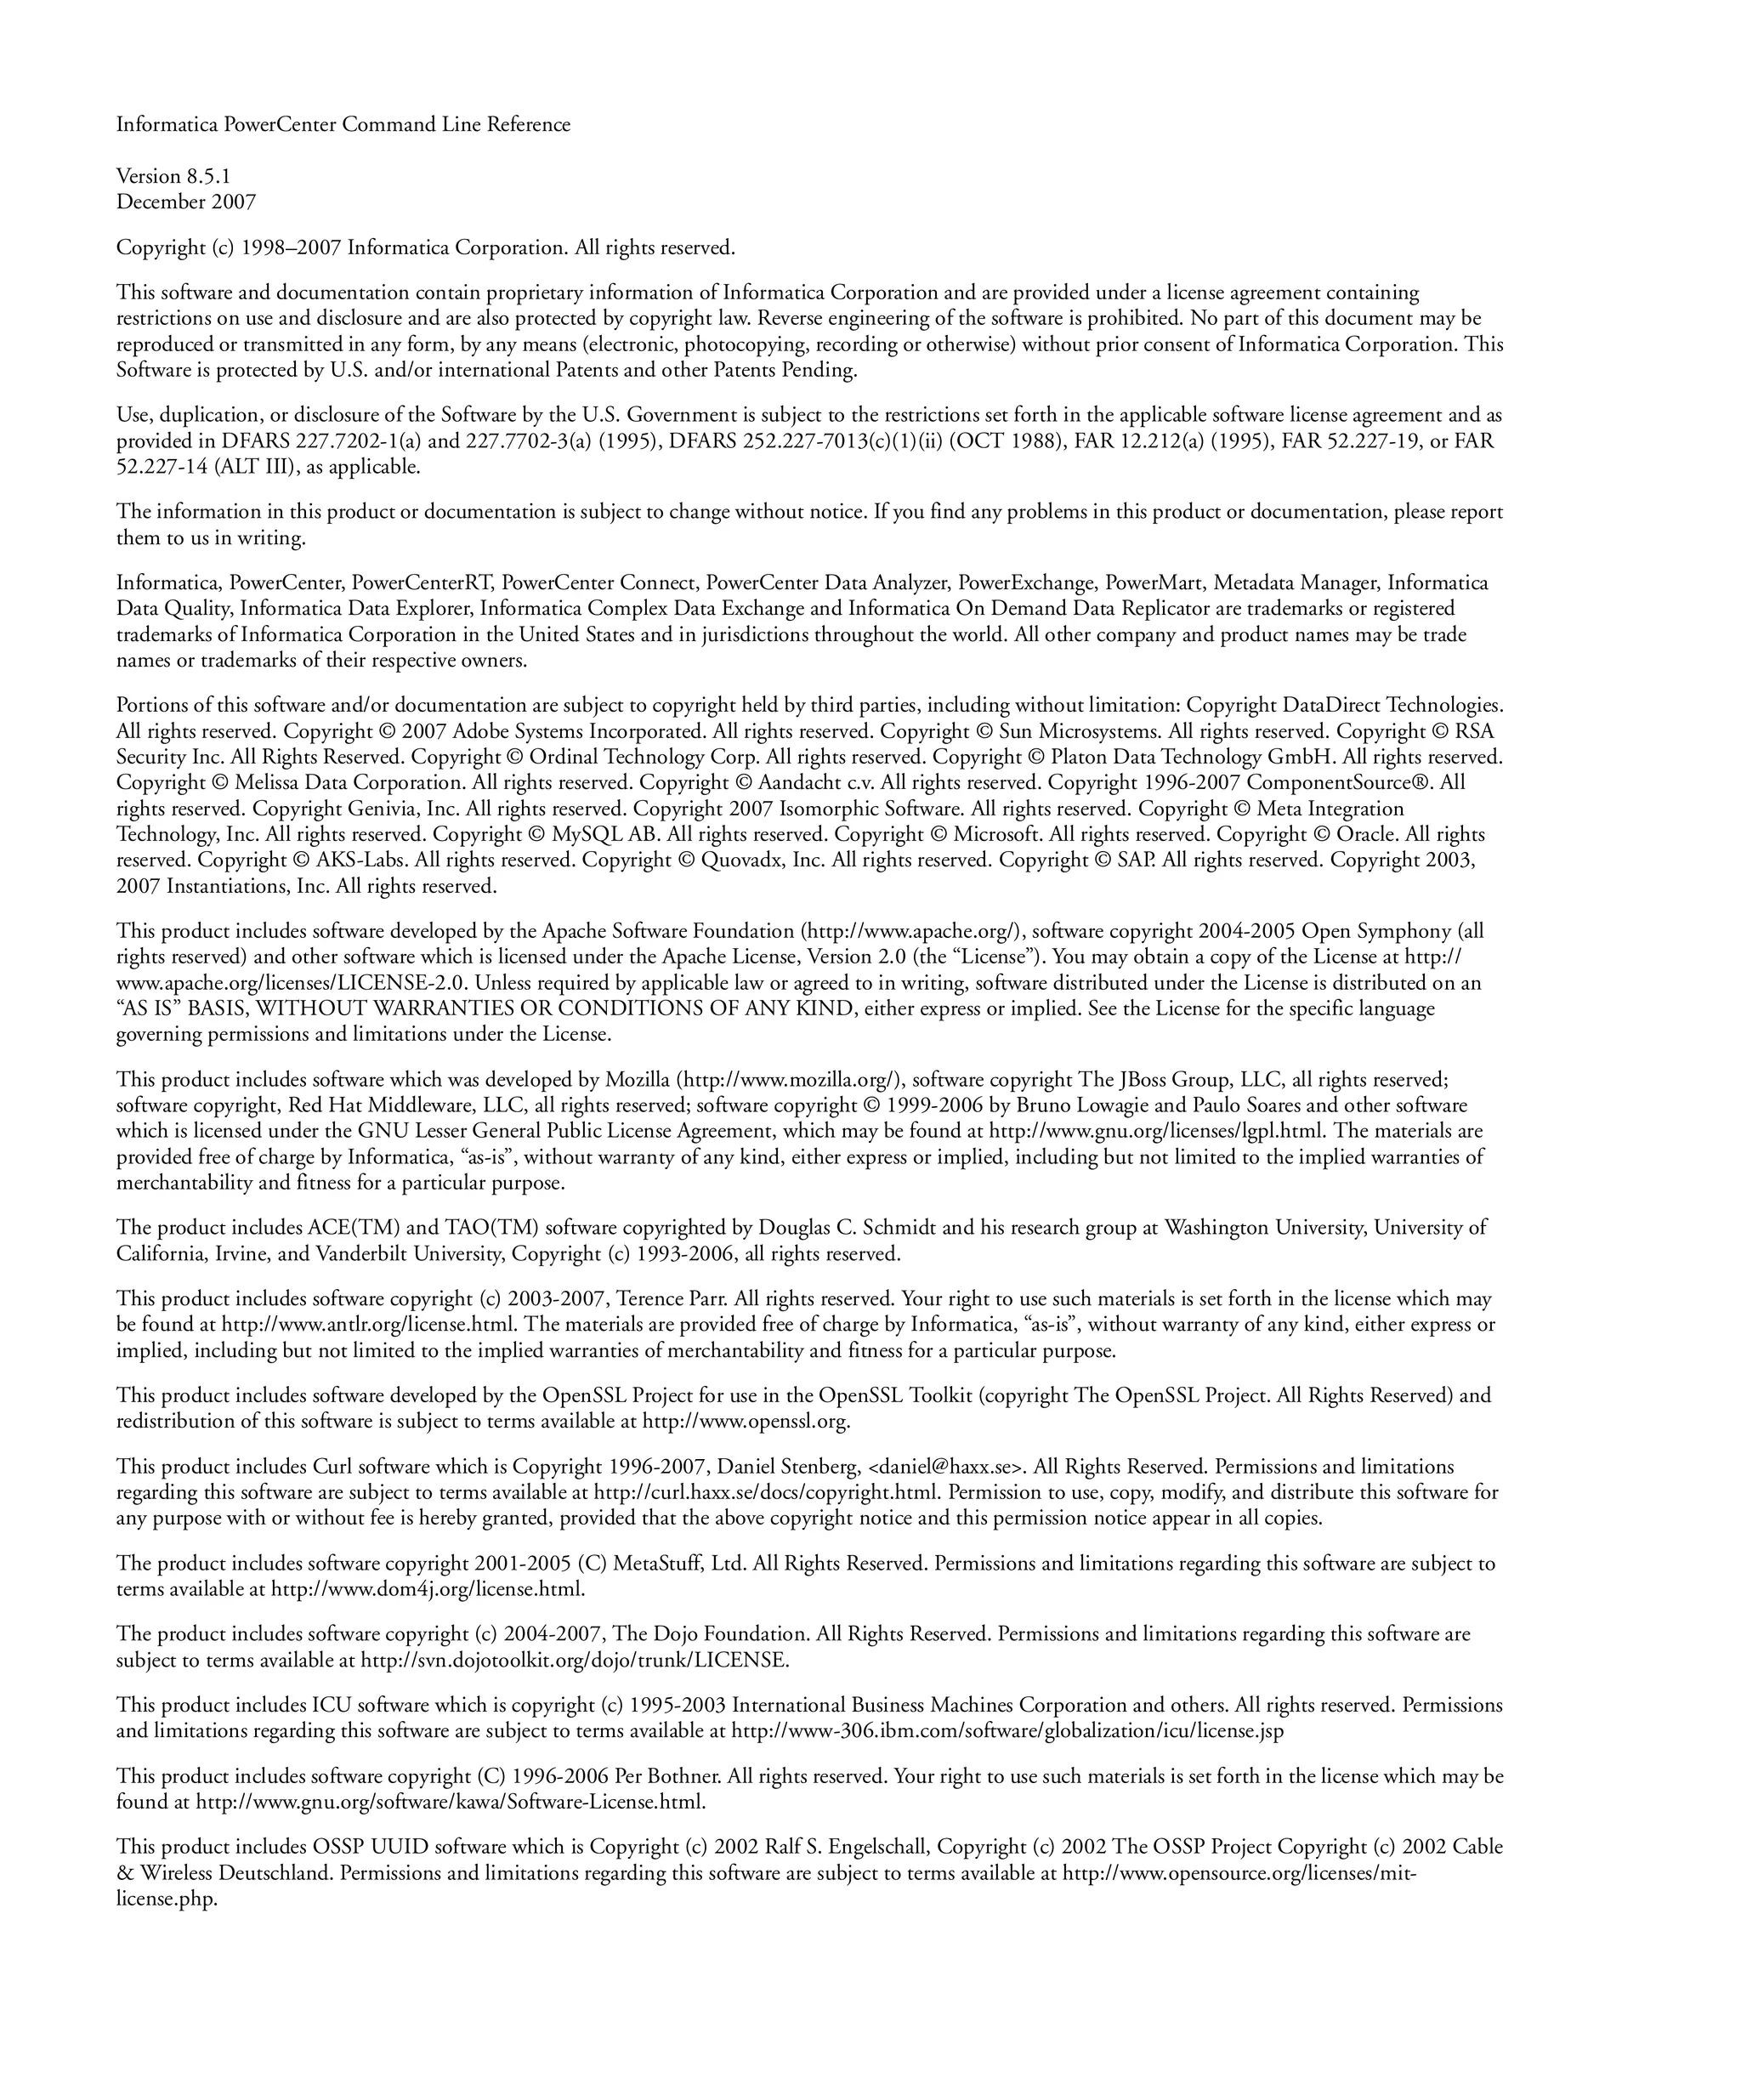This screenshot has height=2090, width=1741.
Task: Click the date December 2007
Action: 186,202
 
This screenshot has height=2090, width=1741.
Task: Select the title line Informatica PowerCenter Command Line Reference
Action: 343,124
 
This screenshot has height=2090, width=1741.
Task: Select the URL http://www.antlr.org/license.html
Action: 368,1325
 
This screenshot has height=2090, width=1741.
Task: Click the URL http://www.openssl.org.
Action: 746,1421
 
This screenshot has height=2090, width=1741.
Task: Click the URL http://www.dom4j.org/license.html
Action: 428,1589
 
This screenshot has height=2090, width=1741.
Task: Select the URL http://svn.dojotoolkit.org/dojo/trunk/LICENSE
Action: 575,1660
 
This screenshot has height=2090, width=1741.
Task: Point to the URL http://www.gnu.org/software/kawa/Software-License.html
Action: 450,1803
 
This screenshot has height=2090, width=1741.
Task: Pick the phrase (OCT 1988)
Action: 1007,441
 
